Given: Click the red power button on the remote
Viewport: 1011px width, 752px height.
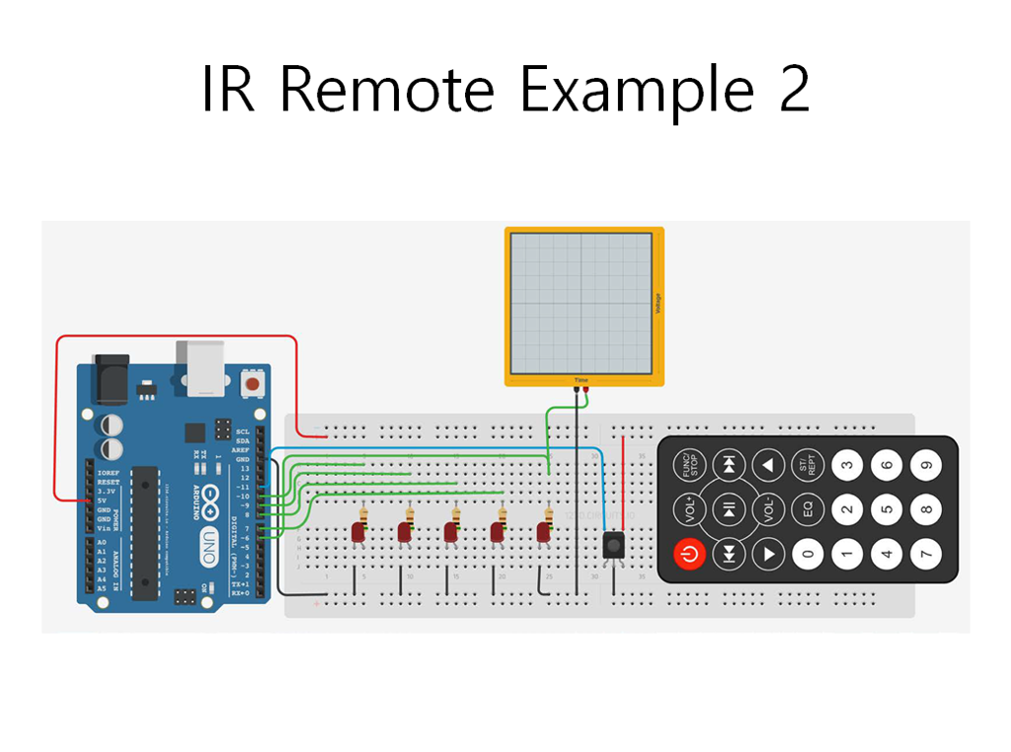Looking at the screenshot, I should (x=689, y=555).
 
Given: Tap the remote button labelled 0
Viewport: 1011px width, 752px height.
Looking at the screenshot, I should (x=808, y=555).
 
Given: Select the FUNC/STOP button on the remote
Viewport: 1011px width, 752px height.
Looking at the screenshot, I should (x=689, y=464).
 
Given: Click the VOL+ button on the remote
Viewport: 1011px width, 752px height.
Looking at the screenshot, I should (x=689, y=509).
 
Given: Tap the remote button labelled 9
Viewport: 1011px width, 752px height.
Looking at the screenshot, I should (x=925, y=464).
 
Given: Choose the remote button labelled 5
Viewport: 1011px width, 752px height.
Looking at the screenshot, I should (x=886, y=509).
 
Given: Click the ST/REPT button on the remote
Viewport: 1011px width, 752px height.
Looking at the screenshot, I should (x=808, y=464).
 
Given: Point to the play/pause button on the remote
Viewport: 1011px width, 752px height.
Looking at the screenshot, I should (x=729, y=509).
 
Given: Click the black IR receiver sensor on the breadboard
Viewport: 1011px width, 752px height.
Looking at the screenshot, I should (x=613, y=544).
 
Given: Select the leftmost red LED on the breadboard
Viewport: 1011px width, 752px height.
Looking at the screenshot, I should (x=358, y=532).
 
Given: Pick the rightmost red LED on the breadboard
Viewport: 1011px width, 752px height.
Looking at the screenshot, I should (x=543, y=532).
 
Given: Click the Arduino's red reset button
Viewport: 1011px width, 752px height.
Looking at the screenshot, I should (x=255, y=382).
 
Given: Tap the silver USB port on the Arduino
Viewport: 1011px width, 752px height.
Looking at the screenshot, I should (x=200, y=369).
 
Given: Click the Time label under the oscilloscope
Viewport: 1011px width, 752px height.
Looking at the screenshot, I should (x=582, y=380).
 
